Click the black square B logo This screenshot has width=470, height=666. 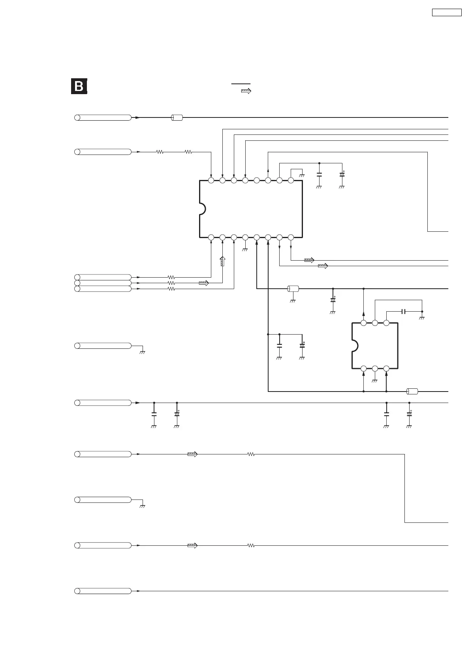tap(79, 87)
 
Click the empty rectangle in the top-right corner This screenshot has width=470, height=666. tap(446, 12)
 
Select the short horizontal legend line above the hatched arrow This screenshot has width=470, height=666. tap(241, 84)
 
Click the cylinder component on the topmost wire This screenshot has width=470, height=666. tap(177, 117)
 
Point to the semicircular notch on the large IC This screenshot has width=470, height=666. tap(202, 208)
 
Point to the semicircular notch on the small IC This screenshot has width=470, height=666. tap(355, 346)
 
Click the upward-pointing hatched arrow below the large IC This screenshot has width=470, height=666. tap(222, 261)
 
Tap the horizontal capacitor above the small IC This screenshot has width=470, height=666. tap(403, 312)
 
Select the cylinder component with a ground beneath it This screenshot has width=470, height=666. tap(293, 289)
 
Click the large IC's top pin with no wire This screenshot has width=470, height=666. tap(256, 180)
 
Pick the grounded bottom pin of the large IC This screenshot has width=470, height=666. tap(245, 237)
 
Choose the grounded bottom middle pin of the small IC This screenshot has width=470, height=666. tap(375, 369)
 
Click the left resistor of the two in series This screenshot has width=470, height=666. tap(160, 151)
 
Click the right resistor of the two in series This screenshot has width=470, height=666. tap(188, 151)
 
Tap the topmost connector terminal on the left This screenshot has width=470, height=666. tap(103, 117)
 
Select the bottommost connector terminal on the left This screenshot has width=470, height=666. tap(103, 591)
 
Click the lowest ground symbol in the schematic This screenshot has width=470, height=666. tap(143, 506)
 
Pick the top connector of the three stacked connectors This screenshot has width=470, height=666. tap(103, 277)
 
